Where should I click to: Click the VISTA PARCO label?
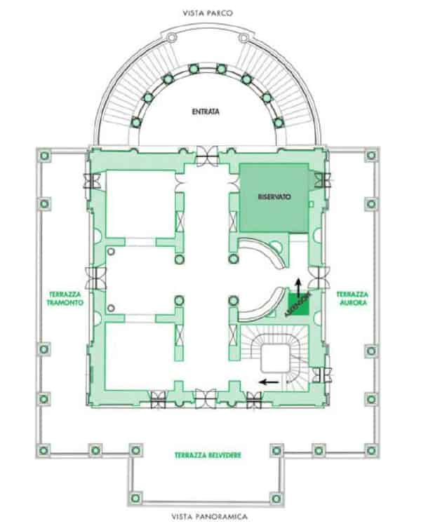pos(208,13)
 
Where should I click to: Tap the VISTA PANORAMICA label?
pos(210,516)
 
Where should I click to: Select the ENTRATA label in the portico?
pos(206,112)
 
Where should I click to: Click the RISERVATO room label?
pos(274,196)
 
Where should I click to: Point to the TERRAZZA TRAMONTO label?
pos(65,298)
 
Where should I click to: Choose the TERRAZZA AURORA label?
pos(352,298)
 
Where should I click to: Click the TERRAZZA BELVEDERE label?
pos(208,455)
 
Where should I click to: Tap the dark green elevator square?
pos(298,304)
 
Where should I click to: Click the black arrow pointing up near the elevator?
pos(298,287)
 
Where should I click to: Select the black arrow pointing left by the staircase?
pos(270,382)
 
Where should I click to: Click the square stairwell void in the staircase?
pos(275,358)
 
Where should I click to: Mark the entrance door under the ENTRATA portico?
pos(207,156)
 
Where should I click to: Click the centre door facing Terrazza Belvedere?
pos(206,398)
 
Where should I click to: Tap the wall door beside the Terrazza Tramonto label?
pos(95,278)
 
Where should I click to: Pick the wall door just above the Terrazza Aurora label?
pos(319,278)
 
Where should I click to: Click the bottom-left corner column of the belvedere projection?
pos(135,498)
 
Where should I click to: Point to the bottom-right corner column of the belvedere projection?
pos(276,499)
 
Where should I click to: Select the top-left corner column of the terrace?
pos(44,156)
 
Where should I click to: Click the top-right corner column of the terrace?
pos(371,155)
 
